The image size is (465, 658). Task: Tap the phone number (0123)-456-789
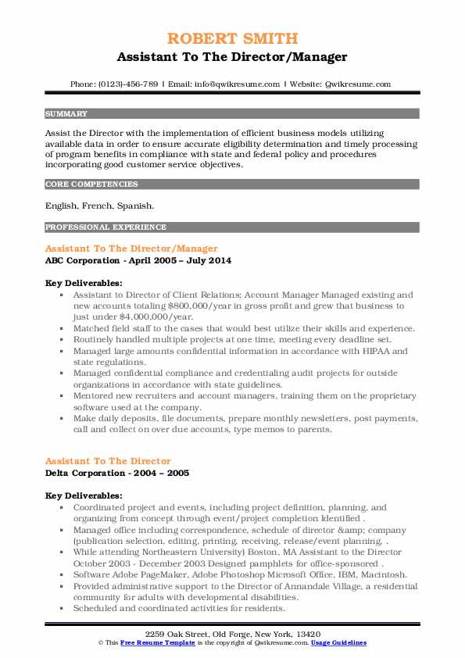tap(130, 84)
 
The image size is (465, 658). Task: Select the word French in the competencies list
tap(102, 206)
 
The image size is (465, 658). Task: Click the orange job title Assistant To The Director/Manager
tap(131, 249)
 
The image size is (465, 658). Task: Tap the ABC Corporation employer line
tap(138, 259)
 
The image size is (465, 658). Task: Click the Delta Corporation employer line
tap(117, 473)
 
